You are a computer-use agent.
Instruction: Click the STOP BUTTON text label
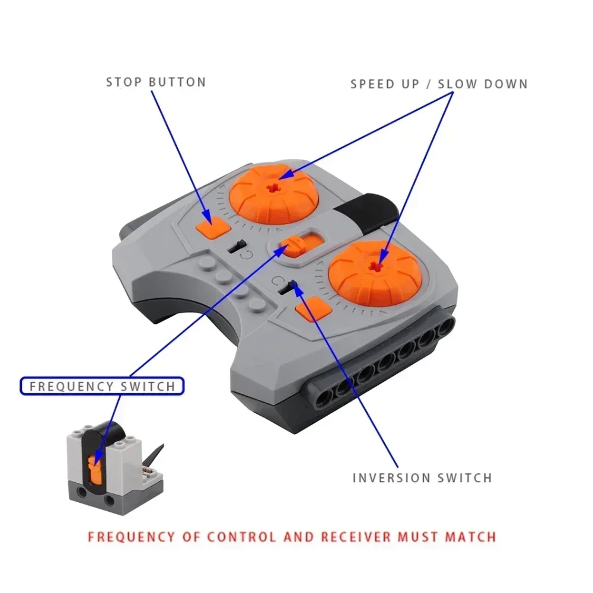[x=156, y=82]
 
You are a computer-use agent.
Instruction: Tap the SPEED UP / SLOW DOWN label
[x=439, y=84]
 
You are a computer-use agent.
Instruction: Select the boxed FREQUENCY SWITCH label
[x=103, y=387]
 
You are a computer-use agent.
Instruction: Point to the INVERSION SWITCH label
[x=422, y=477]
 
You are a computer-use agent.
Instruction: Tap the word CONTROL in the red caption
[x=241, y=537]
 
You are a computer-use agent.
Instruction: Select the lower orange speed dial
[x=375, y=273]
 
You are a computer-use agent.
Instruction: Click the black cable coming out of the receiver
[x=154, y=455]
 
